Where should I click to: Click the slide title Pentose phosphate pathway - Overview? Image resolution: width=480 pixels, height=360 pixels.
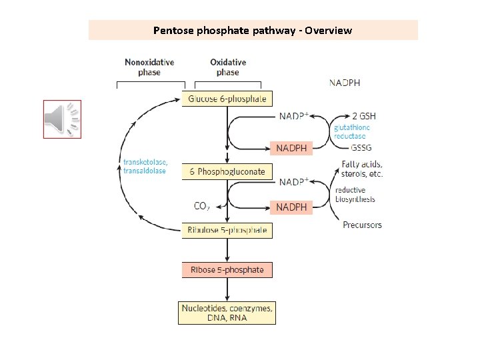click(253, 30)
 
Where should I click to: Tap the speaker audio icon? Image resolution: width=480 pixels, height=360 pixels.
click(62, 119)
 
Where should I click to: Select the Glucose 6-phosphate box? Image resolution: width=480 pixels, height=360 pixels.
click(227, 99)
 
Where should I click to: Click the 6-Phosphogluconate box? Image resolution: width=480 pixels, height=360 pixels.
click(227, 171)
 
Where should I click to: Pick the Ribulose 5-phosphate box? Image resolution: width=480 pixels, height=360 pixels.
click(227, 231)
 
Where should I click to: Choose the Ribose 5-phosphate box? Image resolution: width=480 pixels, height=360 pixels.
click(227, 270)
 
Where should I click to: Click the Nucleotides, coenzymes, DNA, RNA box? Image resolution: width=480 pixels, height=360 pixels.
click(227, 313)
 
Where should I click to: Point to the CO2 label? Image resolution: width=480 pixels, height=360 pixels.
click(201, 207)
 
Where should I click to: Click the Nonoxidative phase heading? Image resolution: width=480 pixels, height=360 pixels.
click(149, 67)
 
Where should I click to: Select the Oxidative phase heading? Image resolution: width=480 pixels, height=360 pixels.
click(227, 67)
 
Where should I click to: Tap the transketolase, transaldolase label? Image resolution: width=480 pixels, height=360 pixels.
click(145, 167)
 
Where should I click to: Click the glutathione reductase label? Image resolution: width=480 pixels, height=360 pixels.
click(351, 131)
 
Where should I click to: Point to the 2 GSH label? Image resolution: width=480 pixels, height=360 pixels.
click(354, 115)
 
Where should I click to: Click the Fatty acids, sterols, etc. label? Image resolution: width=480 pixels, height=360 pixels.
click(362, 169)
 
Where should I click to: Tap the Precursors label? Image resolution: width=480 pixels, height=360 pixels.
click(362, 225)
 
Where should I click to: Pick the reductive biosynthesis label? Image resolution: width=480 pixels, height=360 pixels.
click(355, 195)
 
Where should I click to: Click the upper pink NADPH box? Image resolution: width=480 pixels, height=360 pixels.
click(291, 148)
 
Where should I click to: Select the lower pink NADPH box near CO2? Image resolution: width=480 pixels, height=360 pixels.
click(291, 207)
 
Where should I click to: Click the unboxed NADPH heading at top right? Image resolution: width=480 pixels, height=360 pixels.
click(345, 83)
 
